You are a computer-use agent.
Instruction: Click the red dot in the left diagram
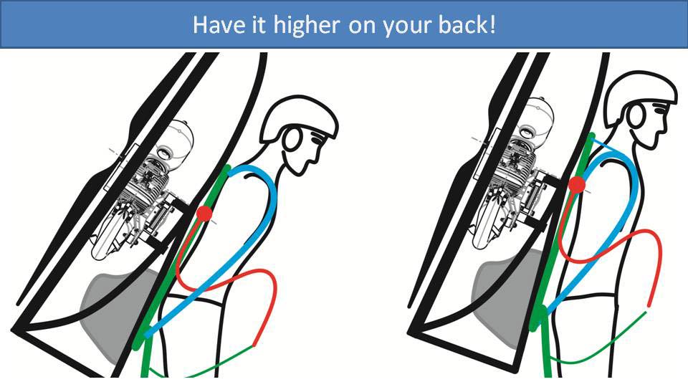pos(204,214)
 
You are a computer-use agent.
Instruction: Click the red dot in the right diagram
pos(576,186)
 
